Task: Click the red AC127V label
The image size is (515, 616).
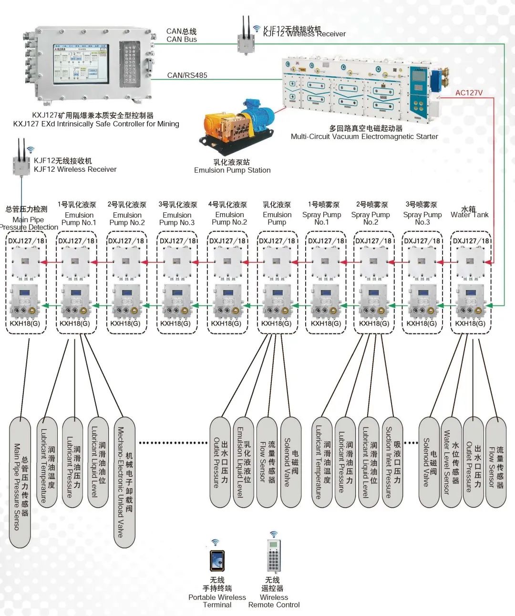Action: pyautogui.click(x=468, y=93)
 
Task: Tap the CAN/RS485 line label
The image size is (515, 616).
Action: pyautogui.click(x=187, y=75)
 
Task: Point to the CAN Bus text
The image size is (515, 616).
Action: pyautogui.click(x=181, y=39)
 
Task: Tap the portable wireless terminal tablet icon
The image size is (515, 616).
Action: pyautogui.click(x=217, y=561)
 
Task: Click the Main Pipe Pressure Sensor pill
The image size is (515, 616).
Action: pyautogui.click(x=20, y=482)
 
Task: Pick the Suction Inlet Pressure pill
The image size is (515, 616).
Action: pyautogui.click(x=393, y=462)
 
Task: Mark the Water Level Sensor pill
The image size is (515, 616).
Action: pyautogui.click(x=451, y=462)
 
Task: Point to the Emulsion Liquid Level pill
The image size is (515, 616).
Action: pyautogui.click(x=243, y=462)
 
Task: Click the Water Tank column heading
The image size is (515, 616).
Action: pyautogui.click(x=469, y=212)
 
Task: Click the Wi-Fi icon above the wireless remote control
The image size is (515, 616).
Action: pyautogui.click(x=273, y=534)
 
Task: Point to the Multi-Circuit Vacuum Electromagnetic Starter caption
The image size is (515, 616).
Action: pyautogui.click(x=364, y=136)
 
